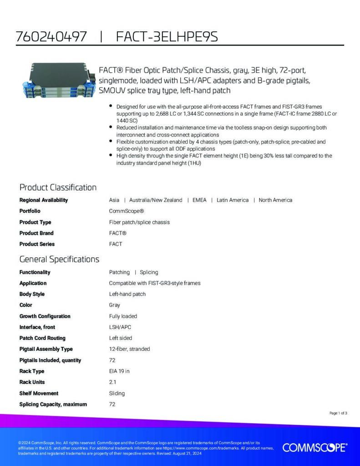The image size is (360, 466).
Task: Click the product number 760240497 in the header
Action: (51, 37)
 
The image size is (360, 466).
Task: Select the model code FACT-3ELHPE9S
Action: (167, 37)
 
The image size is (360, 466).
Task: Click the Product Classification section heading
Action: (58, 187)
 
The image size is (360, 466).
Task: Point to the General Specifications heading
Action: (59, 259)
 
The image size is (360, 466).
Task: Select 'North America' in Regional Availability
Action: (275, 200)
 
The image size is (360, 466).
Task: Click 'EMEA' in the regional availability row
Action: (199, 200)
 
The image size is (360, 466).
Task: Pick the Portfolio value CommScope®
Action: (127, 211)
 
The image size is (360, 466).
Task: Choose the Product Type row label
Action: (35, 222)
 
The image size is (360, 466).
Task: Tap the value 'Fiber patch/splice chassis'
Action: (139, 222)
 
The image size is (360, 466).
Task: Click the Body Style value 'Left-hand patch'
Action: (127, 294)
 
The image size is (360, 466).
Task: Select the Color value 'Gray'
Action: (115, 305)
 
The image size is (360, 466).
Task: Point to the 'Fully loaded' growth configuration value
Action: (123, 316)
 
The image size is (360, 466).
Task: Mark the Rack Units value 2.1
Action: (113, 382)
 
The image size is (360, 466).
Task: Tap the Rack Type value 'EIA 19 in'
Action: (119, 371)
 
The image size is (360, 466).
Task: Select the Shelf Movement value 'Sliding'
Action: (117, 393)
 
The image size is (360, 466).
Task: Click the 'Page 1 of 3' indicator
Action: (338, 413)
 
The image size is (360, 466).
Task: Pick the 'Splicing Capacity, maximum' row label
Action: (53, 404)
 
